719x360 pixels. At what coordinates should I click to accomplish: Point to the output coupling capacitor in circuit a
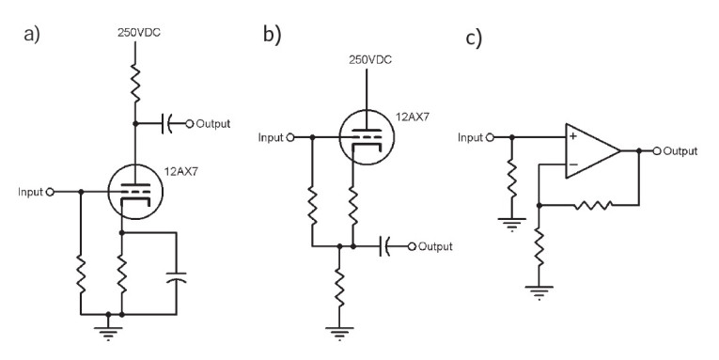click(167, 123)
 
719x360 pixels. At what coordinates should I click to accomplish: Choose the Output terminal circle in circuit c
click(657, 150)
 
